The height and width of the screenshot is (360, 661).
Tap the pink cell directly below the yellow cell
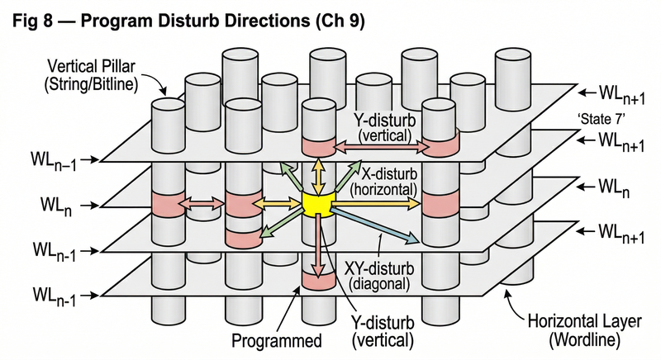317,279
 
